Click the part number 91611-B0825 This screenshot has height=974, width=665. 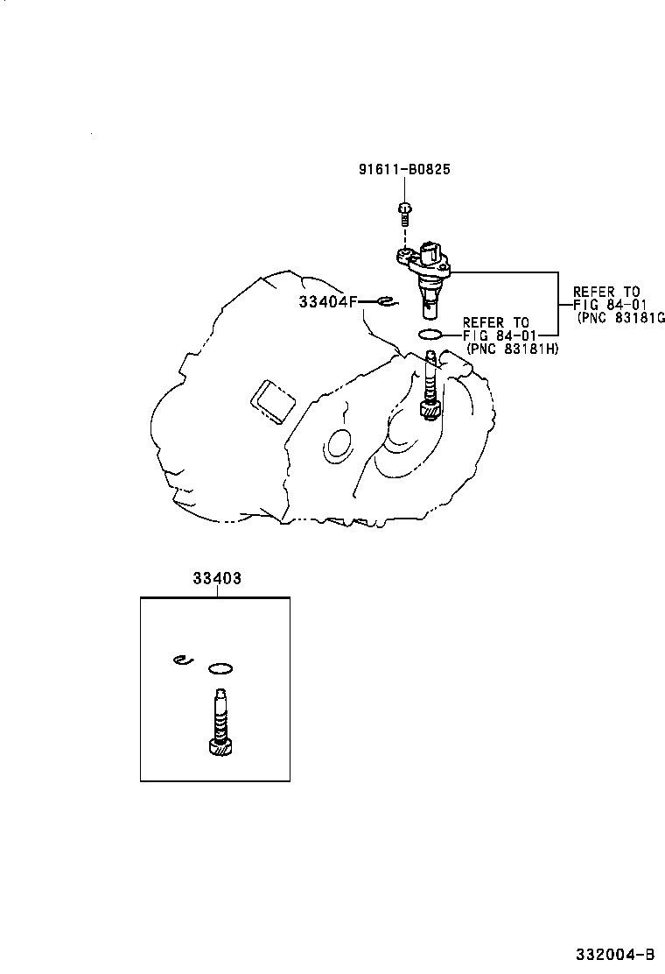click(404, 169)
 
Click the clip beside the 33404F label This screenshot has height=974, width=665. click(386, 303)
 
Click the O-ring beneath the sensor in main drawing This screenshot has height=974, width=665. click(430, 334)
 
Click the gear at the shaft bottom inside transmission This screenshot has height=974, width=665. click(430, 407)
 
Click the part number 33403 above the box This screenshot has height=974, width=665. click(216, 578)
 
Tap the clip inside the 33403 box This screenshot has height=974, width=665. click(181, 660)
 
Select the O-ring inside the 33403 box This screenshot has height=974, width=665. click(220, 669)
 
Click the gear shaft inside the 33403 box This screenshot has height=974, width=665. click(220, 723)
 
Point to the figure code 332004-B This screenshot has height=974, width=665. click(616, 953)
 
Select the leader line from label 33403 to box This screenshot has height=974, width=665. click(216, 592)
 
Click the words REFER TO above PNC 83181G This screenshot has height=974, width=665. click(605, 292)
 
